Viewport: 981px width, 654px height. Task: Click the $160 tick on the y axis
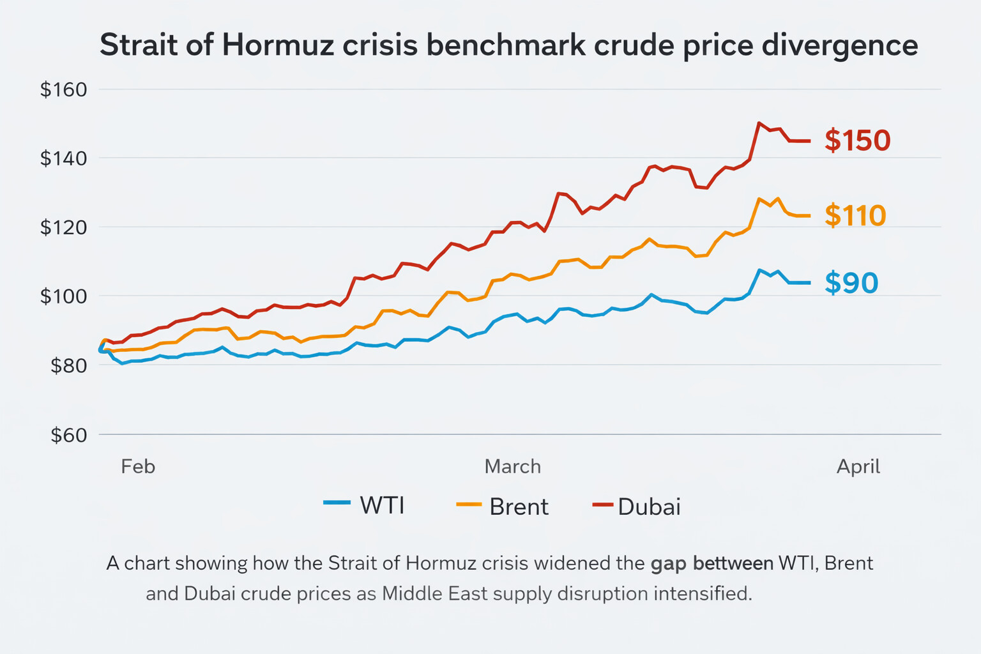[63, 89]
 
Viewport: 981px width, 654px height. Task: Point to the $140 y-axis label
[63, 158]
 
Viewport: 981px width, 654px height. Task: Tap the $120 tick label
[63, 227]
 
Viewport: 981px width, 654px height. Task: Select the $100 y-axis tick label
[63, 296]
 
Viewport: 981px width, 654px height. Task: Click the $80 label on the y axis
[68, 365]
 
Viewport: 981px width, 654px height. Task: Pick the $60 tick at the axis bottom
[68, 435]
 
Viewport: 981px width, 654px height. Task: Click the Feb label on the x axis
[138, 466]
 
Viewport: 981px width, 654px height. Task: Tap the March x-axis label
[512, 466]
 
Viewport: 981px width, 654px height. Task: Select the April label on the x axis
[858, 466]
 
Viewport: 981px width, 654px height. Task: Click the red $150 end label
[857, 141]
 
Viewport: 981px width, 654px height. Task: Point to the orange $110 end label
[855, 216]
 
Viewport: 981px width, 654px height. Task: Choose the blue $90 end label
[851, 283]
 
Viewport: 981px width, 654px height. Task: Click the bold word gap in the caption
[669, 563]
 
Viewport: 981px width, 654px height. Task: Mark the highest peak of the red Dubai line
[759, 123]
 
